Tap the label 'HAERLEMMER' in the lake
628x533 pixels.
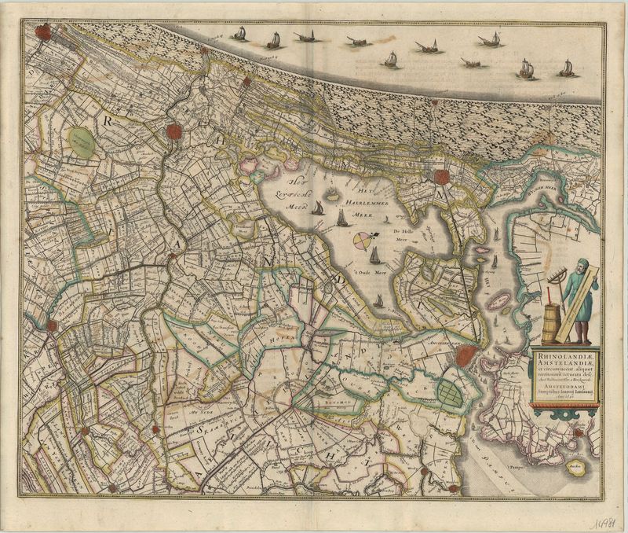click(x=368, y=203)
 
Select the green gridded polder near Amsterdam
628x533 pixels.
click(x=451, y=392)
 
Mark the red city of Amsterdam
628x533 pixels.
click(x=466, y=355)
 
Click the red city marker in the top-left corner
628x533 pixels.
click(x=42, y=32)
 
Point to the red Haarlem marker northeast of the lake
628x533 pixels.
click(x=443, y=177)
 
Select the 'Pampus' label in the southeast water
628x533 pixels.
click(x=538, y=446)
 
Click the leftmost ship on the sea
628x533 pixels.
click(x=239, y=34)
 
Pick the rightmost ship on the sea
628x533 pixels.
click(x=566, y=68)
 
